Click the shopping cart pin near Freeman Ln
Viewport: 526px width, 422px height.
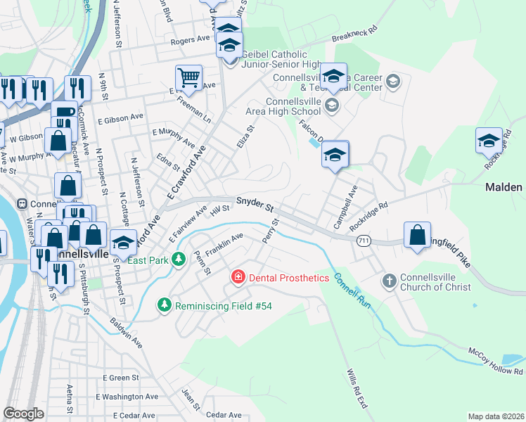188,78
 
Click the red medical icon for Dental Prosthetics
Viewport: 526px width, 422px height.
238,278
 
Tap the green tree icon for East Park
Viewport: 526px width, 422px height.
179,260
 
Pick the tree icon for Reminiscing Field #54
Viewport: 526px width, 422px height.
165,305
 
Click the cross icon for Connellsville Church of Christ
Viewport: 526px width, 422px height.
389,281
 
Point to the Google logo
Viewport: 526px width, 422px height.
23,414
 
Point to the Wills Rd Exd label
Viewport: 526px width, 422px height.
357,390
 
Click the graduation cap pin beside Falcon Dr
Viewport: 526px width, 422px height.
335,155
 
